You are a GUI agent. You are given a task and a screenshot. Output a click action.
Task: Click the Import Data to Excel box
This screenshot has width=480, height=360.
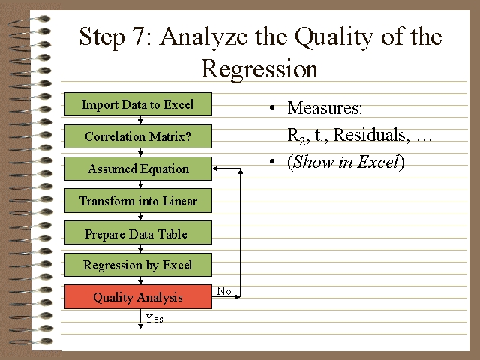point(138,105)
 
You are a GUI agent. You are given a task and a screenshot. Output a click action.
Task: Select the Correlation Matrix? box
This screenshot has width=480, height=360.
point(138,137)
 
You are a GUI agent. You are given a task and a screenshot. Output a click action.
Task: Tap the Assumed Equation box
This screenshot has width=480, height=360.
point(138,169)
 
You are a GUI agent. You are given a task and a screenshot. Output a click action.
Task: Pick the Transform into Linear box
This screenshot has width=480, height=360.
point(138,201)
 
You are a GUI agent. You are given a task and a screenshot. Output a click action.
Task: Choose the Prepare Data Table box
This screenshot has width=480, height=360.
point(138,234)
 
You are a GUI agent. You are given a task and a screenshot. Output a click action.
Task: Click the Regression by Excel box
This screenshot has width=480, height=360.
point(138,265)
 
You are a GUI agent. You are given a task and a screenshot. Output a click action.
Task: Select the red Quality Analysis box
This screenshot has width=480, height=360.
point(138,297)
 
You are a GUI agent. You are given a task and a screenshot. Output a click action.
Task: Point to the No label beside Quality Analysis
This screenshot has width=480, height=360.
point(223,291)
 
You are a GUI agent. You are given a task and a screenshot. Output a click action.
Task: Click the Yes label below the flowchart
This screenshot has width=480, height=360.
point(154,319)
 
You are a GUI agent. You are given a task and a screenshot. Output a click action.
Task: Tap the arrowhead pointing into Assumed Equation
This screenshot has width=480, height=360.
point(216,169)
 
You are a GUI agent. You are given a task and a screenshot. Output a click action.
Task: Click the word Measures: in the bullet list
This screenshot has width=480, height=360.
point(325,109)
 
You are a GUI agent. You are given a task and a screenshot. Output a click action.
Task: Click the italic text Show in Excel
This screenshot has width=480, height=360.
point(345,163)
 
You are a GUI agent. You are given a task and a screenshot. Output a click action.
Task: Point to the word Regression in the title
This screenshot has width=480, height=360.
point(259,69)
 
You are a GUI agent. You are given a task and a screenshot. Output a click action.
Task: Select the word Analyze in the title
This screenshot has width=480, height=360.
point(202,37)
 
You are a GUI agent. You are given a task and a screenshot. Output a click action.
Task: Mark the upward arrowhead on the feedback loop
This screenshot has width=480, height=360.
point(241,172)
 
